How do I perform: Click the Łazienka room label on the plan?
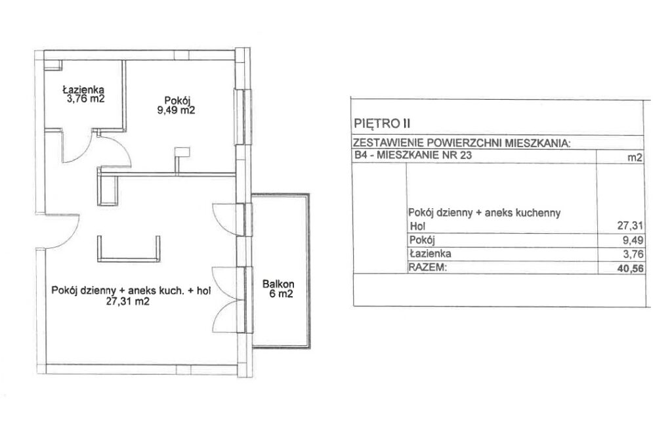click(83, 90)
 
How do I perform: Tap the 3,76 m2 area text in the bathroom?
click(83, 99)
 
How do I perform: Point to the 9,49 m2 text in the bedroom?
click(176, 110)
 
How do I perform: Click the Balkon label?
click(278, 284)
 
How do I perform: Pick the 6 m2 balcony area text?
click(281, 294)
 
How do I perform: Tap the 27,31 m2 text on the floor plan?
click(128, 301)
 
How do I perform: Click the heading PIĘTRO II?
click(383, 124)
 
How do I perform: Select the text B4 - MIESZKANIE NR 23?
click(413, 155)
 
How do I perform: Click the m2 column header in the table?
click(635, 158)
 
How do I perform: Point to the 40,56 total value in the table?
click(631, 269)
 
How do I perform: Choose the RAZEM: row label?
click(428, 268)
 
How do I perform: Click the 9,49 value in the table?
click(633, 240)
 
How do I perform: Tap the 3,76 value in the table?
click(633, 254)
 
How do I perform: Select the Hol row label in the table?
click(418, 227)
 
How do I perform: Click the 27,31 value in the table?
click(631, 226)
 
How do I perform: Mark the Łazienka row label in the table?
click(430, 253)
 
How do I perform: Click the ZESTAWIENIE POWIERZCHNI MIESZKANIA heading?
click(461, 143)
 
